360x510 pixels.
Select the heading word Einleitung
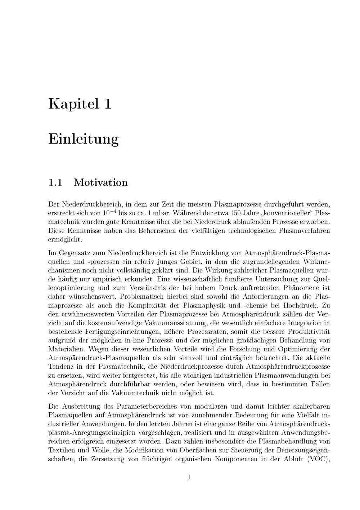coord(83,139)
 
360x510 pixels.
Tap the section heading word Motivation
coord(100,182)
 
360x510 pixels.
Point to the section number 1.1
coord(55,182)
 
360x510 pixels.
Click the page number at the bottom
coord(189,478)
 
